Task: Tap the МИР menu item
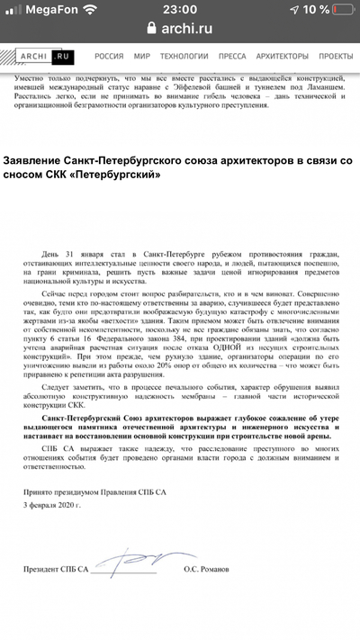point(141,56)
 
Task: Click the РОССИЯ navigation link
point(109,56)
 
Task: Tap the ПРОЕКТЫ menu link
point(335,56)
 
